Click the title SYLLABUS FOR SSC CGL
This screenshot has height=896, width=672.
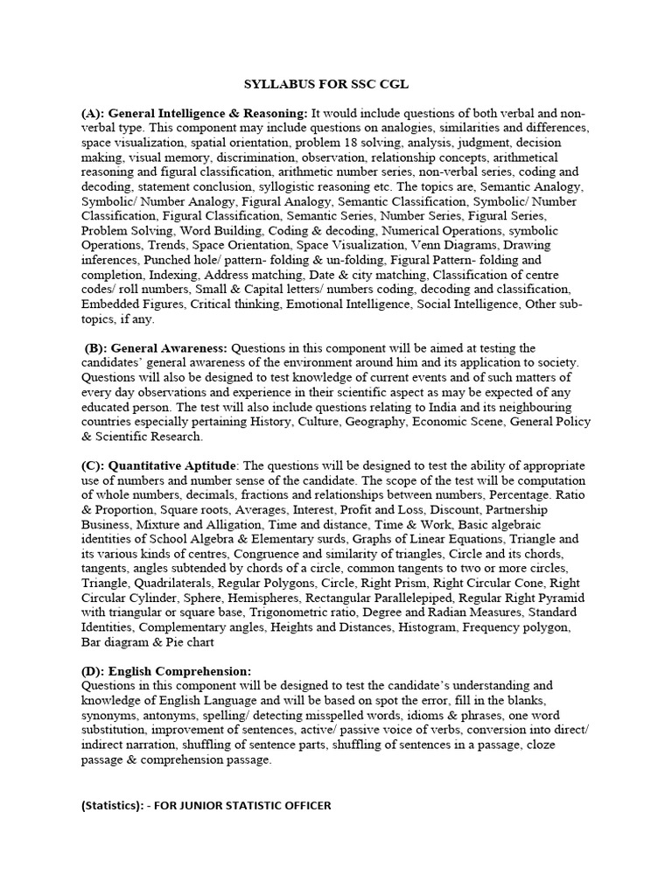[325, 84]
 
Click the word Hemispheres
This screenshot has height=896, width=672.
[256, 598]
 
